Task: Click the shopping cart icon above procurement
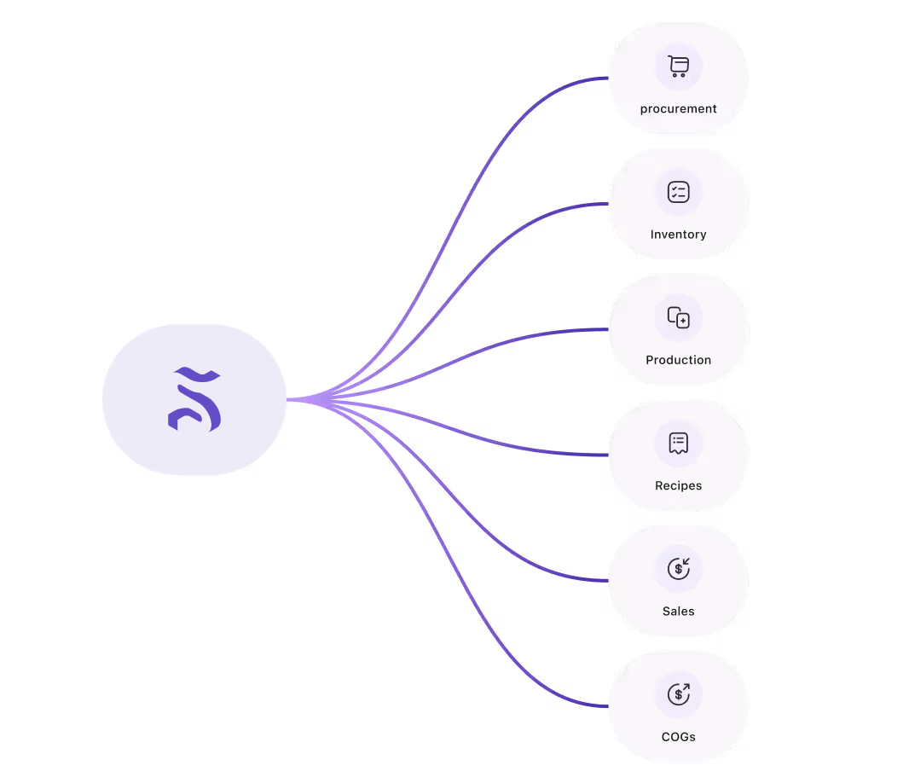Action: [x=678, y=67]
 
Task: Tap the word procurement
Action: [x=678, y=109]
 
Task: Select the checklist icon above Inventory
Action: [x=678, y=192]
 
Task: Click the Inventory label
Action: [x=678, y=235]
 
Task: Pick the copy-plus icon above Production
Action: [x=678, y=317]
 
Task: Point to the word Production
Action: [x=678, y=360]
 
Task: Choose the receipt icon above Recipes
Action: [x=678, y=443]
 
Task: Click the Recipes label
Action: [x=678, y=485]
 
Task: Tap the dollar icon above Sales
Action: [x=678, y=568]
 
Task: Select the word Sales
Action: [x=678, y=611]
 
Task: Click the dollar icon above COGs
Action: [x=678, y=693]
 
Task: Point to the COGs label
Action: [x=678, y=736]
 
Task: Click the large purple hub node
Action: [x=194, y=399]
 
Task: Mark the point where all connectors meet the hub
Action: [x=290, y=399]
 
